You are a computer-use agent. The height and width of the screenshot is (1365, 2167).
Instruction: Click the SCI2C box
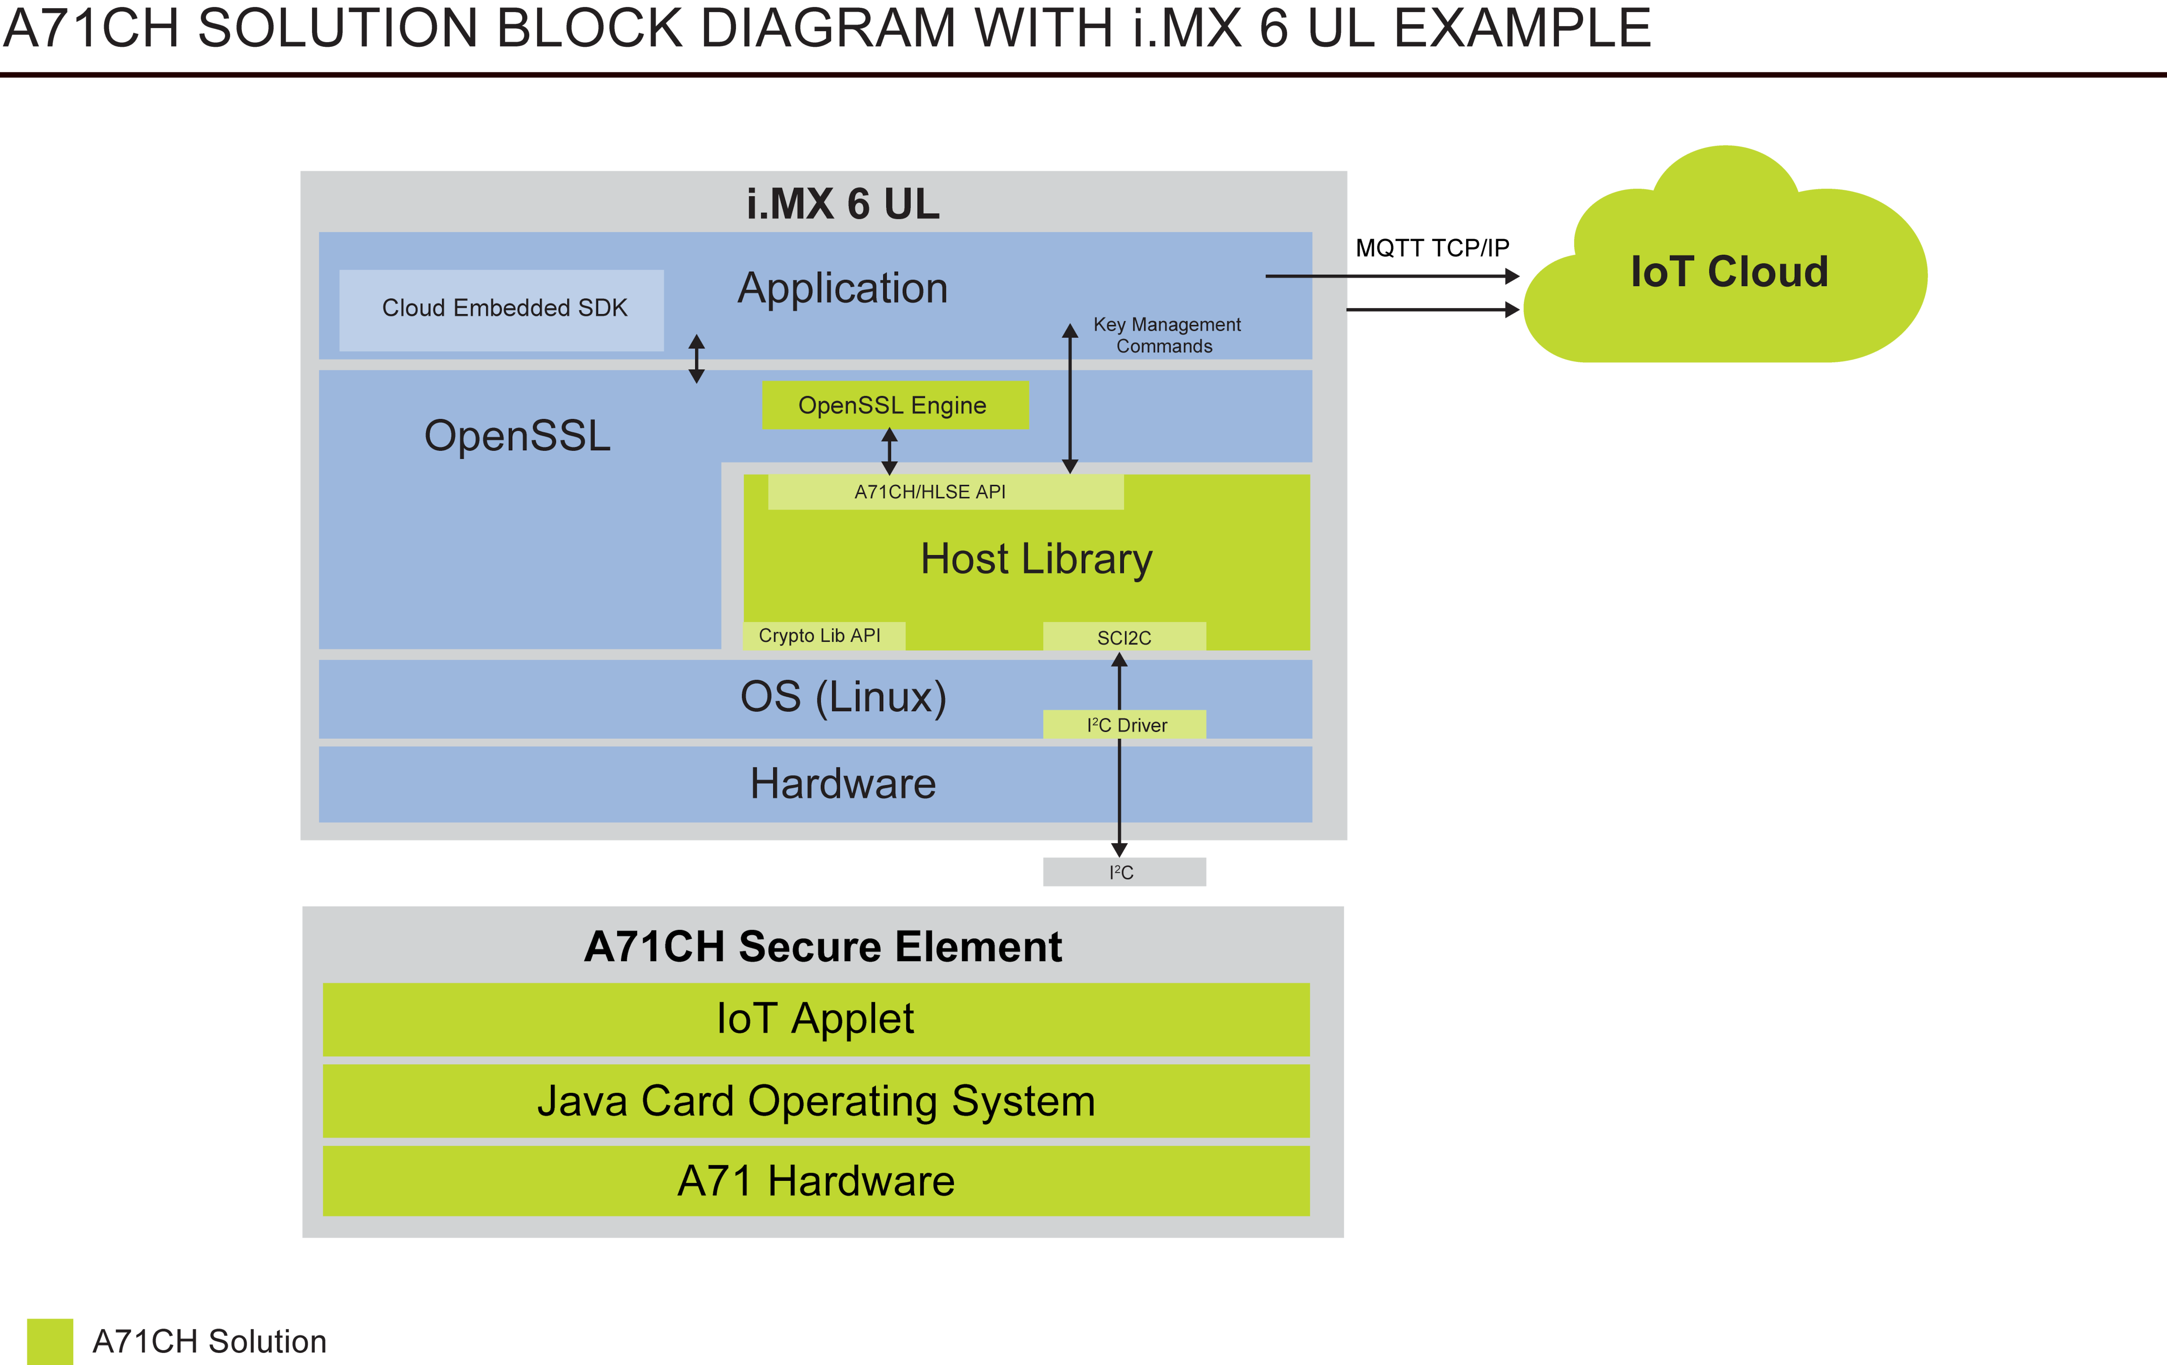click(x=1124, y=637)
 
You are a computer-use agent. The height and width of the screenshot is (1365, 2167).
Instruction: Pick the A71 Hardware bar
click(x=815, y=1180)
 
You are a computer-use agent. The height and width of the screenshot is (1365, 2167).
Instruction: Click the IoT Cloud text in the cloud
click(x=1729, y=272)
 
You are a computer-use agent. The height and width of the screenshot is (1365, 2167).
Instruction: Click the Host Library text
click(x=1036, y=559)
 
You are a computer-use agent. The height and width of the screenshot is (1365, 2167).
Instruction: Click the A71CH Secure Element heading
click(x=823, y=946)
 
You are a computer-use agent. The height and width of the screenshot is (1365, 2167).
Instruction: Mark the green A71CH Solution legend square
click(x=49, y=1341)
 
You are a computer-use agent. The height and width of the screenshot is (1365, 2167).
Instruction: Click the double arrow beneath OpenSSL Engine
click(x=889, y=452)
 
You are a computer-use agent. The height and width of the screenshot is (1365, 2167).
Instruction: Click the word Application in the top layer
click(x=843, y=289)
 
